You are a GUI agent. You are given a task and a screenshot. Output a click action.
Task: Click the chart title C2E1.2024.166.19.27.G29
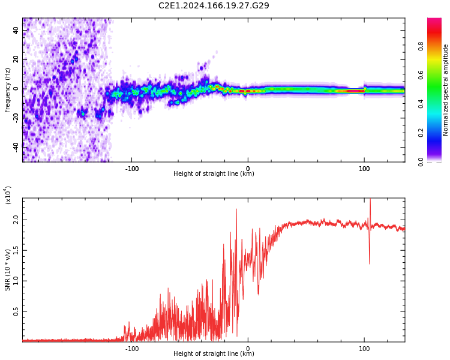[x=214, y=5]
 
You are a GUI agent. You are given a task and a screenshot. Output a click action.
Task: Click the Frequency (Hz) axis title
[x=7, y=90]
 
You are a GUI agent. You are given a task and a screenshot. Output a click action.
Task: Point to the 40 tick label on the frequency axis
[x=16, y=30]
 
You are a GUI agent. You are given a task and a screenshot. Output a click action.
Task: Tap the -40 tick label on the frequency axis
[x=16, y=148]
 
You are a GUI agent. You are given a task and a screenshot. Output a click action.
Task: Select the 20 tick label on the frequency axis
[x=16, y=59]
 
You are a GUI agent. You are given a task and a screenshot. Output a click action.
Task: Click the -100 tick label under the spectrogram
[x=132, y=169]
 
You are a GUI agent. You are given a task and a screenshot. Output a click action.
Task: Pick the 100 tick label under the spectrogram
[x=364, y=169]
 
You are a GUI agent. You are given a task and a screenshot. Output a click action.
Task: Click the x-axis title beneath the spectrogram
[x=214, y=173]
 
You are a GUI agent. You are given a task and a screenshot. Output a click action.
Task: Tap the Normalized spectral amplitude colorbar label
[x=445, y=90]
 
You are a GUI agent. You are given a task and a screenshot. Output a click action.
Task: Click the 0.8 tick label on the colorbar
[x=421, y=46]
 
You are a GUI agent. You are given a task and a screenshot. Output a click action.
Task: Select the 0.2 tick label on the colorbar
[x=421, y=133]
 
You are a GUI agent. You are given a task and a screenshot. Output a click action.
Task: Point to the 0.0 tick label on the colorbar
[x=421, y=162]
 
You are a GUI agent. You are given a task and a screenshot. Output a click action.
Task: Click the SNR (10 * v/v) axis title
[x=7, y=270]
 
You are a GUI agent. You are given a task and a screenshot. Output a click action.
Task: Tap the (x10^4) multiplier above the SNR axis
[x=8, y=195]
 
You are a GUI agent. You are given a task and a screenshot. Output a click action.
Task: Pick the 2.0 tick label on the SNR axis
[x=16, y=220]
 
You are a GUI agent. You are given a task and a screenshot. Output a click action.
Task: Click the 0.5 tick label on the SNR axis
[x=16, y=311]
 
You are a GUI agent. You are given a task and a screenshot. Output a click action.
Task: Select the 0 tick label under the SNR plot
[x=248, y=349]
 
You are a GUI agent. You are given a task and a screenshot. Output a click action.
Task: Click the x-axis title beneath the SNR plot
[x=214, y=353]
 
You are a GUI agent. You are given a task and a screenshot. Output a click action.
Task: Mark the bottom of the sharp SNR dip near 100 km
[x=370, y=263]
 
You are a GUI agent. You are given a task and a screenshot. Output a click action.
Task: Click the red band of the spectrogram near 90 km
[x=352, y=91]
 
